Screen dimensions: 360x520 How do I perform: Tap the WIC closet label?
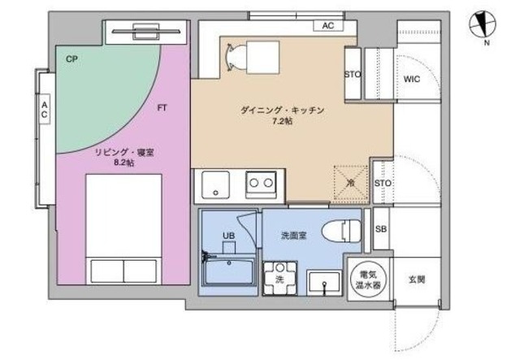(411, 79)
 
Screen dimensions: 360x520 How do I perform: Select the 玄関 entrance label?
(415, 280)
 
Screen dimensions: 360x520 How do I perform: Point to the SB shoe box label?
(380, 229)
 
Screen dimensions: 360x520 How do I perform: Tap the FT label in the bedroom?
(162, 106)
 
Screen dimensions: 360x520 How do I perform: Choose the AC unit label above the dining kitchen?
(327, 26)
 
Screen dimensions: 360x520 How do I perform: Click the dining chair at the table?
(232, 54)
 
